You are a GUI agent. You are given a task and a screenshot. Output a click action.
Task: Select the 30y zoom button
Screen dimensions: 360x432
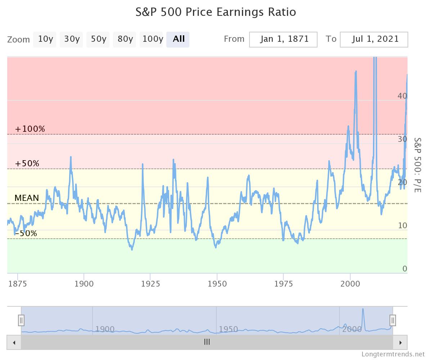tap(71, 39)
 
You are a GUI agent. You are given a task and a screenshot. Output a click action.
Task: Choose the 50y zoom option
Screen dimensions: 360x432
tap(98, 39)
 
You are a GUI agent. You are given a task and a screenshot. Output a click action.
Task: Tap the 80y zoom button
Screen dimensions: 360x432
tap(125, 39)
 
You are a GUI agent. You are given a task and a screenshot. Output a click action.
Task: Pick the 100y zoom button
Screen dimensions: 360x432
tap(152, 39)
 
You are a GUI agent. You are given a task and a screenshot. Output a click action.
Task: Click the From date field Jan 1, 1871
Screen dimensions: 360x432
tap(283, 39)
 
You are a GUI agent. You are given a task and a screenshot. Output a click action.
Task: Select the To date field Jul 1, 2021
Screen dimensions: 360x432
tap(374, 39)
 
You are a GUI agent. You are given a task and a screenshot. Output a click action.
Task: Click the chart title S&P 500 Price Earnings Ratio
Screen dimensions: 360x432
tap(216, 12)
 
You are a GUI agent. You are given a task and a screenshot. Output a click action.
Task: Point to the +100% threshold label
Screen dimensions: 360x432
tap(30, 129)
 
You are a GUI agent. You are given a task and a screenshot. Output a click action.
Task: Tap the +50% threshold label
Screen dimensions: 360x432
tap(27, 163)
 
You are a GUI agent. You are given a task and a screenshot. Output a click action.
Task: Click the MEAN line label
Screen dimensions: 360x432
tap(27, 198)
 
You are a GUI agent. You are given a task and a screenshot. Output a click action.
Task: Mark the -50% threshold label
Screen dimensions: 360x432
tap(26, 233)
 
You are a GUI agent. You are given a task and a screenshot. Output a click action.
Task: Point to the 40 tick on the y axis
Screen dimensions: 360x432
tap(402, 96)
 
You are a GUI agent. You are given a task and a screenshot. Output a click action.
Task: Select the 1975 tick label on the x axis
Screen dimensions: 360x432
tap(283, 284)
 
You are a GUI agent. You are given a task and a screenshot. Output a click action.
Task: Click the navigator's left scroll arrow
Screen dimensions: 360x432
tap(14, 342)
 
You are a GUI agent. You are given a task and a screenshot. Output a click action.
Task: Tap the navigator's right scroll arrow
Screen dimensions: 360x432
tap(400, 342)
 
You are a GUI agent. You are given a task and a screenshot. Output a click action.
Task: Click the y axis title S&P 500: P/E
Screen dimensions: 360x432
tap(417, 165)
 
